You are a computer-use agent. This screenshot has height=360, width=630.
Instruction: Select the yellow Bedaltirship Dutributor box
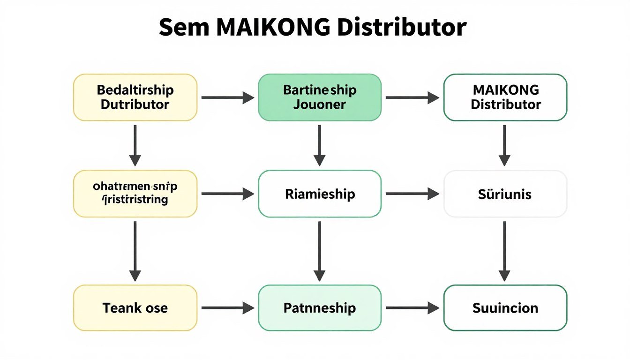(135, 97)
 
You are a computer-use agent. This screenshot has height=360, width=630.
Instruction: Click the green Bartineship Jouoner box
(320, 97)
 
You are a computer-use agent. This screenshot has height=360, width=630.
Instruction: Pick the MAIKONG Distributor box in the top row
(505, 97)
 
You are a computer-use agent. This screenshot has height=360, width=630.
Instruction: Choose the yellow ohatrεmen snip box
(135, 194)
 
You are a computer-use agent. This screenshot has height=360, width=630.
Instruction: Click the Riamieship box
(320, 194)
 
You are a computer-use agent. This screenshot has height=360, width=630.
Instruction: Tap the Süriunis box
(505, 194)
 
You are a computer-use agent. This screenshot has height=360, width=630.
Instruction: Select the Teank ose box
(135, 308)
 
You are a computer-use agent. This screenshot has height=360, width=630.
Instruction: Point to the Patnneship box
(320, 308)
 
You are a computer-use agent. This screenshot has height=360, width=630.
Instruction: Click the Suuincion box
(505, 308)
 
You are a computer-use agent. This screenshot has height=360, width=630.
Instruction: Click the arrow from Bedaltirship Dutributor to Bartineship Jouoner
(227, 97)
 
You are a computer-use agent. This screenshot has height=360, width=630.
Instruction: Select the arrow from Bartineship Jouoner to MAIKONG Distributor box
(412, 97)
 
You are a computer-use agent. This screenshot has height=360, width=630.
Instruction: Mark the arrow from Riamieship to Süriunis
(412, 194)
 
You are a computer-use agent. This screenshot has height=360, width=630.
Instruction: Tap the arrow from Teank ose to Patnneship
(227, 308)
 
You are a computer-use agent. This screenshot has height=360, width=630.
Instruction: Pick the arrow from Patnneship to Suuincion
(412, 308)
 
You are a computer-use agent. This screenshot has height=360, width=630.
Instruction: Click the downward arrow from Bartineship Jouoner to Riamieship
(319, 145)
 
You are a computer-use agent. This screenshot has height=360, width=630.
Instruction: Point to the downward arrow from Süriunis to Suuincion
(504, 251)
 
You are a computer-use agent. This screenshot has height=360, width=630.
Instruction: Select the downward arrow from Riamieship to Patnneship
(319, 251)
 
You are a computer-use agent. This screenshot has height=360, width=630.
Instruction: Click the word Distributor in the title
(402, 28)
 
